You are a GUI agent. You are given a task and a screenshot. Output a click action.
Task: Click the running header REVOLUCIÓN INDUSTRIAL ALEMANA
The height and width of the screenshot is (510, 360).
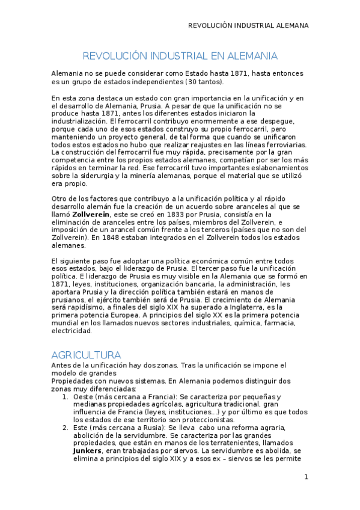click(x=248, y=26)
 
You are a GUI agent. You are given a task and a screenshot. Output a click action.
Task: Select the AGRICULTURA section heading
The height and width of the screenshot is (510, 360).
click(x=86, y=355)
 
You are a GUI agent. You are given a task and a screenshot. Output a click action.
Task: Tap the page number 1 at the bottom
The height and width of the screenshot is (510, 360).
click(x=306, y=477)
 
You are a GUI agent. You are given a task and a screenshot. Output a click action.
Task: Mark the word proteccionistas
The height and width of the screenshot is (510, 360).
click(x=190, y=419)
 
